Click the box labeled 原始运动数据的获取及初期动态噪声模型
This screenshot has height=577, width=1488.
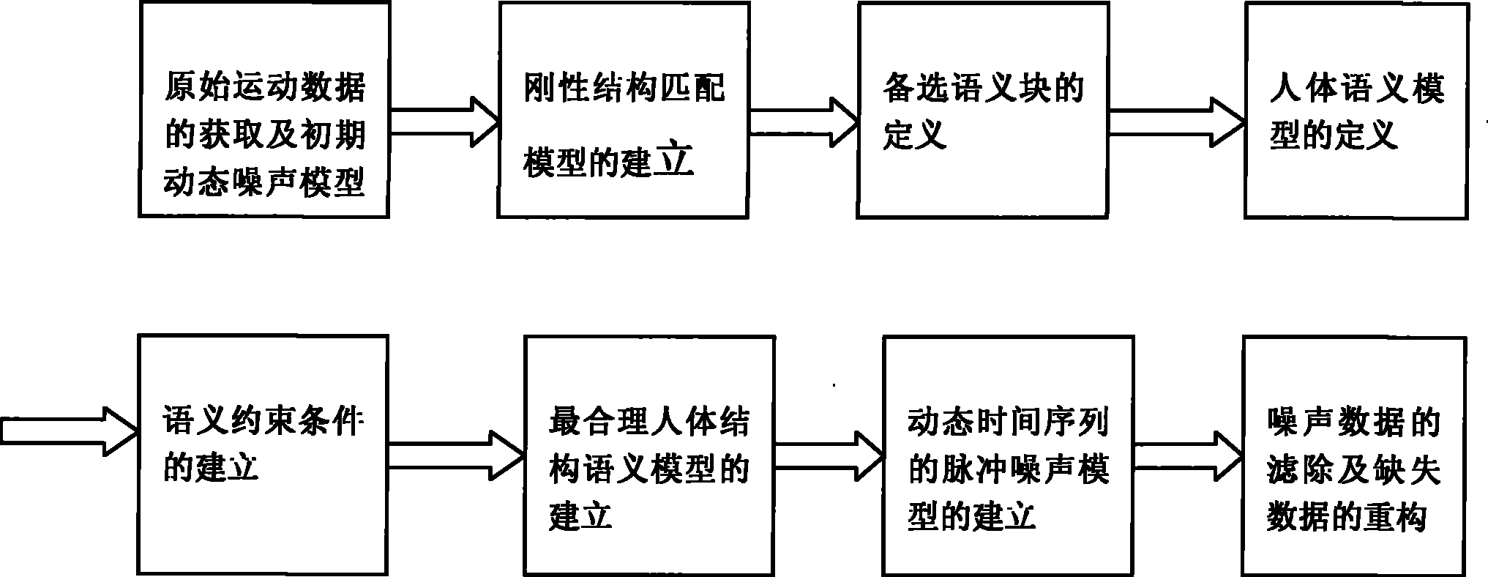tap(263, 110)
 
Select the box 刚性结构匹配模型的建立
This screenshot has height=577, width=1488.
tap(623, 110)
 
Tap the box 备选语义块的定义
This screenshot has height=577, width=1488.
tap(982, 110)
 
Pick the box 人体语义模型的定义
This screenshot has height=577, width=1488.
tap(1356, 110)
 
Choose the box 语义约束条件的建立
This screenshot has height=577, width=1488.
tap(263, 455)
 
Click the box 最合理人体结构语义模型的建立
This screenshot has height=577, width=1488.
tap(649, 455)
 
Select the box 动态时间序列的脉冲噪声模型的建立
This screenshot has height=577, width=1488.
tap(1009, 455)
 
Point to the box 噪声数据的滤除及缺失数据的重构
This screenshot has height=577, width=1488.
tap(1354, 455)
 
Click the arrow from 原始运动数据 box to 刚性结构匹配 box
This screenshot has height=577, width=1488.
tap(444, 121)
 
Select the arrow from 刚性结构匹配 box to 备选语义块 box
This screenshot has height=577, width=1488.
tap(803, 121)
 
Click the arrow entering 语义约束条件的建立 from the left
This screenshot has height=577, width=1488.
tap(70, 431)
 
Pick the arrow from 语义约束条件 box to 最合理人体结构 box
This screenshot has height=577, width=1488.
tap(456, 455)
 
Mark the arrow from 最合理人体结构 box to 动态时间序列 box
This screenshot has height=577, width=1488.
tap(829, 455)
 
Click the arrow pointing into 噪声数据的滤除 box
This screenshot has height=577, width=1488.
tap(1188, 455)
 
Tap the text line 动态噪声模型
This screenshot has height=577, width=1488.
tap(264, 180)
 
